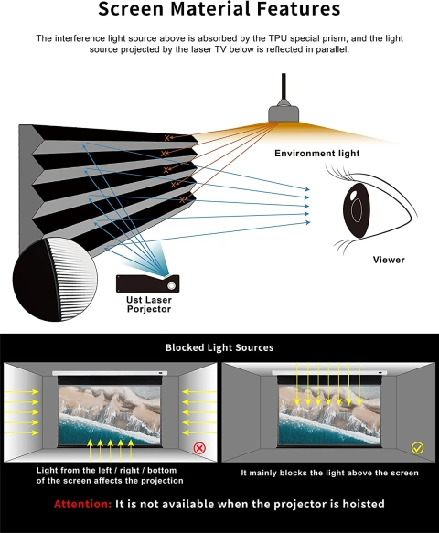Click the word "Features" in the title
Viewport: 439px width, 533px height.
298,9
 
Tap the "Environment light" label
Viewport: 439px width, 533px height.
317,154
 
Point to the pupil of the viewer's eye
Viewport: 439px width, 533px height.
357,210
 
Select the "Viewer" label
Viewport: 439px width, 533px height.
389,260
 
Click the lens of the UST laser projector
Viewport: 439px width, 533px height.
172,286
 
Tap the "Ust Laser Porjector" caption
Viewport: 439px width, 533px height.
149,304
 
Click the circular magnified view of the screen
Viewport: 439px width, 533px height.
55,280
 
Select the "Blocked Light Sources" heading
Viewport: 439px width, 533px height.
219,347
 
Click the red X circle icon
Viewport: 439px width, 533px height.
199,448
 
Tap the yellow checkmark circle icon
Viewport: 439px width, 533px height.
417,448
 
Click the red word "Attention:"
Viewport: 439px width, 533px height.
82,504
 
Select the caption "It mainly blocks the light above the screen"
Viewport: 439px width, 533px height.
329,473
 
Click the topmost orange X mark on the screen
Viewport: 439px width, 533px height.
166,138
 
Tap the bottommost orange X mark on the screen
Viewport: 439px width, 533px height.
182,200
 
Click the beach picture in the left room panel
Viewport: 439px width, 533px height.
110,415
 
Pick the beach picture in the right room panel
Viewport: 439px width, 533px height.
329,415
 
